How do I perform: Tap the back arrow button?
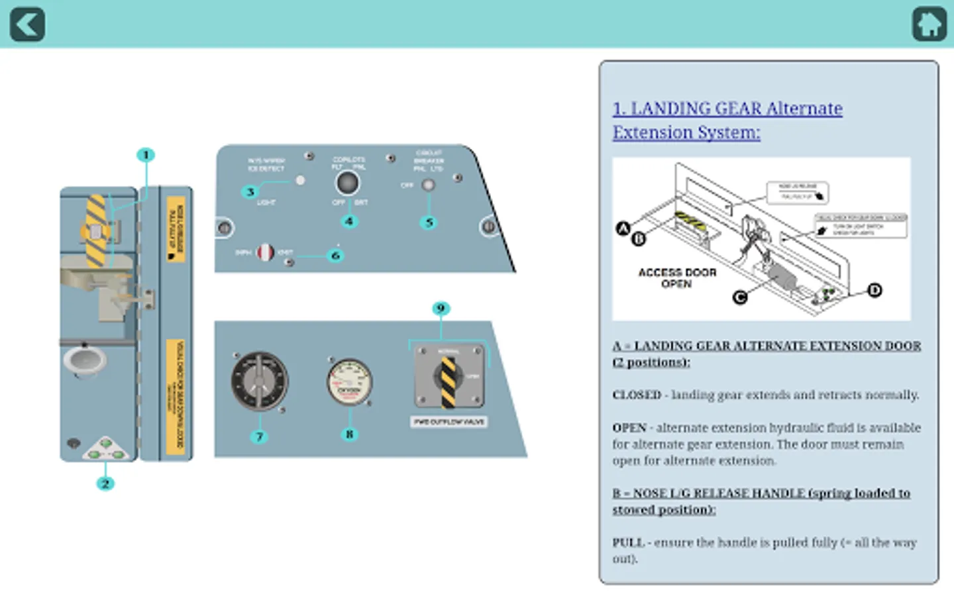27,25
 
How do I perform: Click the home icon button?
929,25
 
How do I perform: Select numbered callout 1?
146,155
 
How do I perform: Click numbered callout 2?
105,483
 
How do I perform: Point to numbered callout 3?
250,192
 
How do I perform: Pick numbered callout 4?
349,221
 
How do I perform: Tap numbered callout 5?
429,223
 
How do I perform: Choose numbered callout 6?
335,255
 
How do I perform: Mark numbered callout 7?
259,436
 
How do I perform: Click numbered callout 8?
349,434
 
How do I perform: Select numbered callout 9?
441,309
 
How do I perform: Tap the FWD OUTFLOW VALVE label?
449,422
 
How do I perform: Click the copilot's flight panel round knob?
348,183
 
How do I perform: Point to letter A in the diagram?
623,229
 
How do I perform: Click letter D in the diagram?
874,290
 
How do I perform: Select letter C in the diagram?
740,297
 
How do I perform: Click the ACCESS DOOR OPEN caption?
677,278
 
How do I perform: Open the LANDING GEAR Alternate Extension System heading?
727,120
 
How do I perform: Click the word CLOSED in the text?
637,395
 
